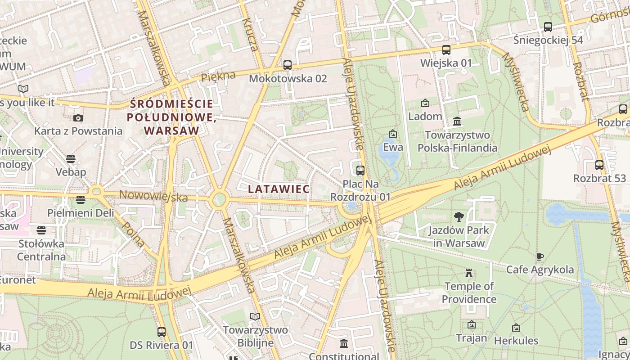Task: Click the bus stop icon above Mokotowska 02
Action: point(288,65)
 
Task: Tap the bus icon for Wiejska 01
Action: point(446,50)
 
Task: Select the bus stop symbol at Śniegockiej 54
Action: point(548,27)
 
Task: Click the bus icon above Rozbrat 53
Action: point(599,165)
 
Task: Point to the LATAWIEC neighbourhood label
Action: point(279,189)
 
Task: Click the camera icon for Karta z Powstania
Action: point(78,118)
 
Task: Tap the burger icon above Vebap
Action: point(70,159)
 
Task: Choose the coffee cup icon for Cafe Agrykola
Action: point(540,256)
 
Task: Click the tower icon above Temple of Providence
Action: point(469,273)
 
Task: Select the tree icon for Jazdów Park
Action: point(459,217)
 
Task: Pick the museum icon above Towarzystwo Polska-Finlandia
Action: point(458,121)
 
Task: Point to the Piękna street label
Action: point(218,76)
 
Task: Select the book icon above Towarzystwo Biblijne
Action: point(255,317)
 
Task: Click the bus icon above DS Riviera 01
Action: point(162,332)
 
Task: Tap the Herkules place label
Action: point(516,341)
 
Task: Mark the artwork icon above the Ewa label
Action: point(393,134)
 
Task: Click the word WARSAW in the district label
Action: point(172,130)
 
